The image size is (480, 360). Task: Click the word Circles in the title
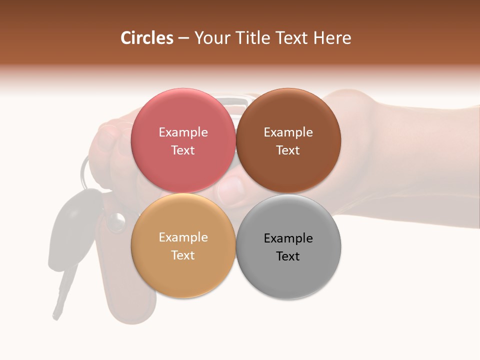(x=146, y=38)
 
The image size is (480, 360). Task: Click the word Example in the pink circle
(x=183, y=132)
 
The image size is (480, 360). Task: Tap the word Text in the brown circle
(x=288, y=150)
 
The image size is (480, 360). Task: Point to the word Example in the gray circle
(x=288, y=238)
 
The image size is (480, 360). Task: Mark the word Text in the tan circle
(x=183, y=255)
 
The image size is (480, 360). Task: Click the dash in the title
(x=183, y=38)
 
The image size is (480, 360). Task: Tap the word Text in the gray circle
(x=288, y=256)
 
